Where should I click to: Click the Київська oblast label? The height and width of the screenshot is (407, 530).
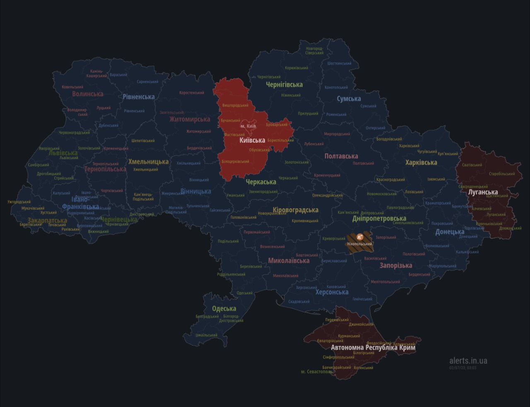coord(252,140)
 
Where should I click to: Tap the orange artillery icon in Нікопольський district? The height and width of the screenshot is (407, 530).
coord(359,237)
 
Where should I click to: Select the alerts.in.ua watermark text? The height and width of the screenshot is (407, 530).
coord(468,361)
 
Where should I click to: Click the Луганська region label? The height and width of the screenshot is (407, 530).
coord(482,192)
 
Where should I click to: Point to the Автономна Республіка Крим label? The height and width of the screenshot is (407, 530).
coord(373,347)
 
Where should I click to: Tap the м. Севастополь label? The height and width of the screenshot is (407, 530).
coord(316,371)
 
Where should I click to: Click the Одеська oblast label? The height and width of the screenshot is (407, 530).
coord(224,308)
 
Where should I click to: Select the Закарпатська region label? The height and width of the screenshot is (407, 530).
coord(47,220)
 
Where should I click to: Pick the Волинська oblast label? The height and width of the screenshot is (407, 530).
coord(87,94)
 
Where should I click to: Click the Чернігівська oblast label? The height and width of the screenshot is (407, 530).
coord(284,84)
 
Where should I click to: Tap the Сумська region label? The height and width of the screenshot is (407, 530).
coord(349,99)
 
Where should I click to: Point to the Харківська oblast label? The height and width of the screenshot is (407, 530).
coord(421,162)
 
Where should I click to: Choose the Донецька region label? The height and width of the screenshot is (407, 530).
coord(449,232)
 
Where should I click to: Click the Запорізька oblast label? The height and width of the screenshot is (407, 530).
coord(396,265)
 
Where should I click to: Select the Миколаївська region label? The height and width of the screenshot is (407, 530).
coord(289,261)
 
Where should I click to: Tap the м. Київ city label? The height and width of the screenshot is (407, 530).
coord(248,126)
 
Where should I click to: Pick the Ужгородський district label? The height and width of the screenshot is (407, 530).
coord(19,202)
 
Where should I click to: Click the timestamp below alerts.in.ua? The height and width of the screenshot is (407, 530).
coord(463,368)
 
